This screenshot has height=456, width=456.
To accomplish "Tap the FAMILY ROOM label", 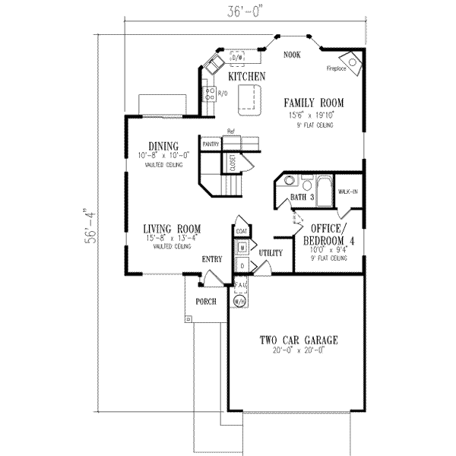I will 314,102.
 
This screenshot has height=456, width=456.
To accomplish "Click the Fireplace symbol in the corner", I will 352,60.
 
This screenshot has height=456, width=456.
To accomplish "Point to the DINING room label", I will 163,146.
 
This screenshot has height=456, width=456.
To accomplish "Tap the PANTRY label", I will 211,144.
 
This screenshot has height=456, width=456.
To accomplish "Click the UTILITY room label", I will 271,252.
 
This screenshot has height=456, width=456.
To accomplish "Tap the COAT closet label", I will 242,230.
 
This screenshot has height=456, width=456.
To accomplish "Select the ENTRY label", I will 211,260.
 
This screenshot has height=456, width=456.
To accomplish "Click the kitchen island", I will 249,99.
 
